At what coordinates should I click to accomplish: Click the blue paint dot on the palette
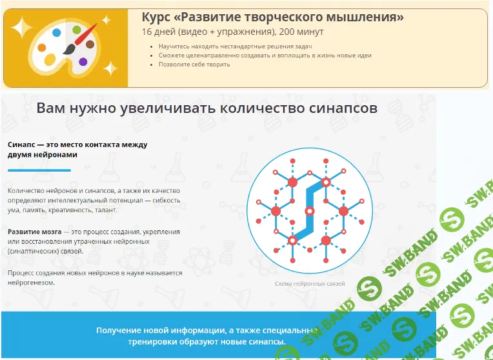pos(57,32)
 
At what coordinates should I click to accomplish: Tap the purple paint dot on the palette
pos(83,62)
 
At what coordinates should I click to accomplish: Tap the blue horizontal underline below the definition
pos(39,170)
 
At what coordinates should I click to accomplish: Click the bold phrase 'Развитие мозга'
pos(35,231)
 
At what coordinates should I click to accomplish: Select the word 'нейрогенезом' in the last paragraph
pos(32,283)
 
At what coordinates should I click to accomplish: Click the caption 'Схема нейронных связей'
pos(310,284)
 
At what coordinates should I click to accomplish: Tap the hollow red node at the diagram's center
pos(310,211)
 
